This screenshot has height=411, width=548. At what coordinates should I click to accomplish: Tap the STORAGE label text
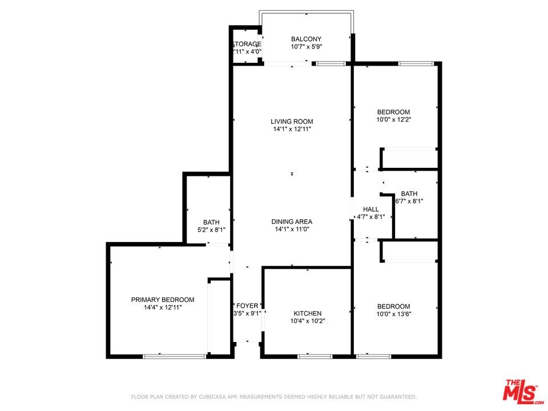pyautogui.click(x=247, y=44)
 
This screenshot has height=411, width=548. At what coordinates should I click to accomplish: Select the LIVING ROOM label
pyautogui.click(x=292, y=122)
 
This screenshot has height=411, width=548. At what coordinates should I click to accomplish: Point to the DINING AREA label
pyautogui.click(x=292, y=221)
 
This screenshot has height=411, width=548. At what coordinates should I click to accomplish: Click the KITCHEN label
pyautogui.click(x=308, y=313)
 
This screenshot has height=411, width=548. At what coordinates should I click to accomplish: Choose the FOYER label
pyautogui.click(x=248, y=306)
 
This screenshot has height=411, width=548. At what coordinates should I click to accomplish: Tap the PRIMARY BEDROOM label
pyautogui.click(x=163, y=300)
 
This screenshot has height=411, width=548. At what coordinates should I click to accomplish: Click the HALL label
pyautogui.click(x=371, y=209)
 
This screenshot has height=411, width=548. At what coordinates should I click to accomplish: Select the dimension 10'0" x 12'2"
pyautogui.click(x=393, y=120)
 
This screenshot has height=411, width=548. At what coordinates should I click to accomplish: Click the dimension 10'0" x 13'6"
pyautogui.click(x=393, y=314)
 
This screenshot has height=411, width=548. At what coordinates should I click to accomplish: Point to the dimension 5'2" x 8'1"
pyautogui.click(x=211, y=230)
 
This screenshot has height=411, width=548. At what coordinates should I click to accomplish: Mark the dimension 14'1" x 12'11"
pyautogui.click(x=292, y=129)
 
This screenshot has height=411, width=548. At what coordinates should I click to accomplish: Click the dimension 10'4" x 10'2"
pyautogui.click(x=308, y=321)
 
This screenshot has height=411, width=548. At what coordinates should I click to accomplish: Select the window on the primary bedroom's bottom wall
pyautogui.click(x=174, y=357)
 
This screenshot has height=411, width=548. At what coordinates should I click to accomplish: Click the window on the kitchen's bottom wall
pyautogui.click(x=315, y=357)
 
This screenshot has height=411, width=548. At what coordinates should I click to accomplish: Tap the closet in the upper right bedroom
pyautogui.click(x=409, y=159)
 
